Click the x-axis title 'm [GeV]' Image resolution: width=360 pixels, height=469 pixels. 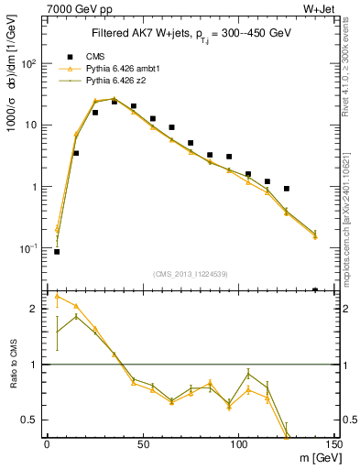[302, 457]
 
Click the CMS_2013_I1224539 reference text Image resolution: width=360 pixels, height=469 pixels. [189, 273]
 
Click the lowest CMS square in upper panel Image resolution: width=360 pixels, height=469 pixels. [57, 252]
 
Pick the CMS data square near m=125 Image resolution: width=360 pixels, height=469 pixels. [287, 189]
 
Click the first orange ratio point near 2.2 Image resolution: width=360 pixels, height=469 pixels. [57, 296]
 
